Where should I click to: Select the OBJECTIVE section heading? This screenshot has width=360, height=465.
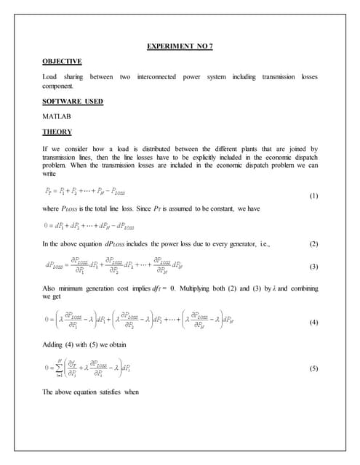point(61,62)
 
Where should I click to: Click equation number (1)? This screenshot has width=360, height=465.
point(313,197)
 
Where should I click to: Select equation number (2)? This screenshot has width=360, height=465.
point(313,243)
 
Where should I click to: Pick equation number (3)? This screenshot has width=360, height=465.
point(313,267)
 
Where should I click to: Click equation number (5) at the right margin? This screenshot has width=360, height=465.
point(313,368)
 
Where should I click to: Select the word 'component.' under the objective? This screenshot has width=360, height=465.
point(59,86)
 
